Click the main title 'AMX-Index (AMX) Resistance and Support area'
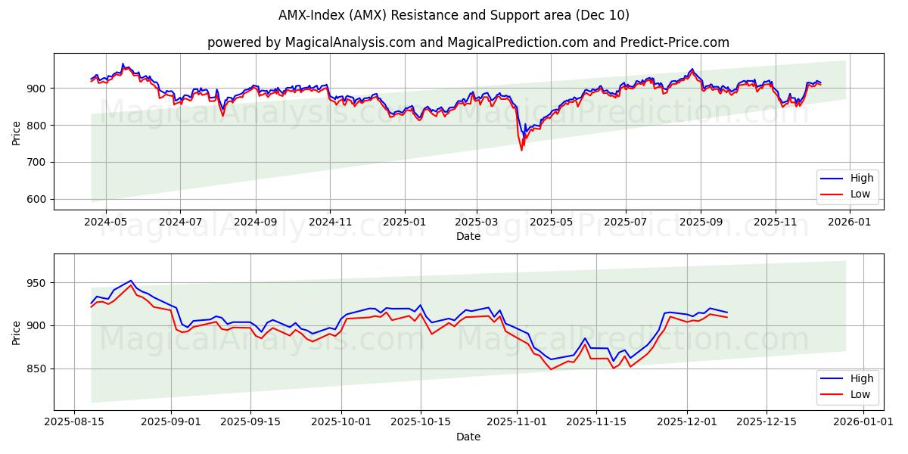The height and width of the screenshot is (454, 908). (453, 15)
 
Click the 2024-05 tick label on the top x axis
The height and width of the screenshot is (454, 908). (105, 222)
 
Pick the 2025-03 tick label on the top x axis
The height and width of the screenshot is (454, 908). (477, 222)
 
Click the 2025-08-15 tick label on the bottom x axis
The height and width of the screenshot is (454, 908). (74, 422)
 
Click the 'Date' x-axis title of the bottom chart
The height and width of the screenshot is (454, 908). (468, 437)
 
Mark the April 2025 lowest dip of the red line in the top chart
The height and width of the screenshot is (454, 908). (521, 150)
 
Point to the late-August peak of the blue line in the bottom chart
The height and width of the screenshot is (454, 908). (130, 281)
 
